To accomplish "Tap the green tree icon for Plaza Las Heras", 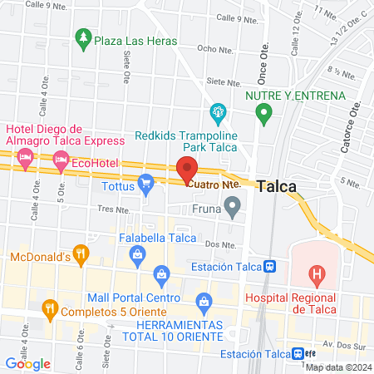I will click(81, 37).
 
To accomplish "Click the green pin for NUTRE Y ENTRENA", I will click(264, 114).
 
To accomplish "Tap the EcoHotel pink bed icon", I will click(60, 165).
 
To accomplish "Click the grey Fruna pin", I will click(234, 204).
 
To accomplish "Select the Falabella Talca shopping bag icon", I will click(162, 273).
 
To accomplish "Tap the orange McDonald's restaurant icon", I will click(80, 253).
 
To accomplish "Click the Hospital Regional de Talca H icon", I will click(316, 272).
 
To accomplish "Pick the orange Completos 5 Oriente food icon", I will click(50, 311).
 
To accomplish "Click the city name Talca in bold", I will click(277, 187).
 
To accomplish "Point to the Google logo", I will click(28, 363).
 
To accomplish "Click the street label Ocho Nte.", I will click(213, 49).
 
